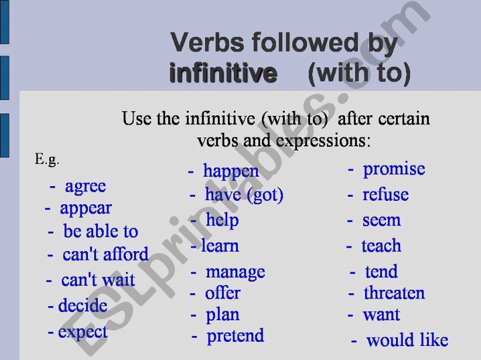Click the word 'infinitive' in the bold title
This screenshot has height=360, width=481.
pos(223,73)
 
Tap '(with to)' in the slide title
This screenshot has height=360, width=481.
pos(359,73)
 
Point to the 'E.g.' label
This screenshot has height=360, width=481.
pos(47,160)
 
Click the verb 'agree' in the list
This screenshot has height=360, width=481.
pos(86,187)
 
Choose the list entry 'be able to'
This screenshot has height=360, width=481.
pos(101,231)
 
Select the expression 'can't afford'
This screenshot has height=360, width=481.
pos(105,254)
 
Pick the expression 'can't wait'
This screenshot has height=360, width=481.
pos(98,279)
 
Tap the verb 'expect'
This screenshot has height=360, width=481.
pos(83,332)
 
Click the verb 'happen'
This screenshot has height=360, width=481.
pos(231,172)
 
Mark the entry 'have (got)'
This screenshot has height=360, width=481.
pos(244,195)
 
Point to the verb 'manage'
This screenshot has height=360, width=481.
pos(236,272)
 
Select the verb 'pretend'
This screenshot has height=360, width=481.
pos(236,337)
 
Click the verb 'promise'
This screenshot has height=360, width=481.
pos(394,169)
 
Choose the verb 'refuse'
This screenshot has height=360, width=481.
pos(386,194)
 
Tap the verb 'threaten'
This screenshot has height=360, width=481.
pos(394,293)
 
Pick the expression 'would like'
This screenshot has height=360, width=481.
pos(407,340)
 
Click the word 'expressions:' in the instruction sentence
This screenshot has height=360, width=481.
pos(323,141)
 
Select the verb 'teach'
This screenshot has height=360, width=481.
pos(381,246)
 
